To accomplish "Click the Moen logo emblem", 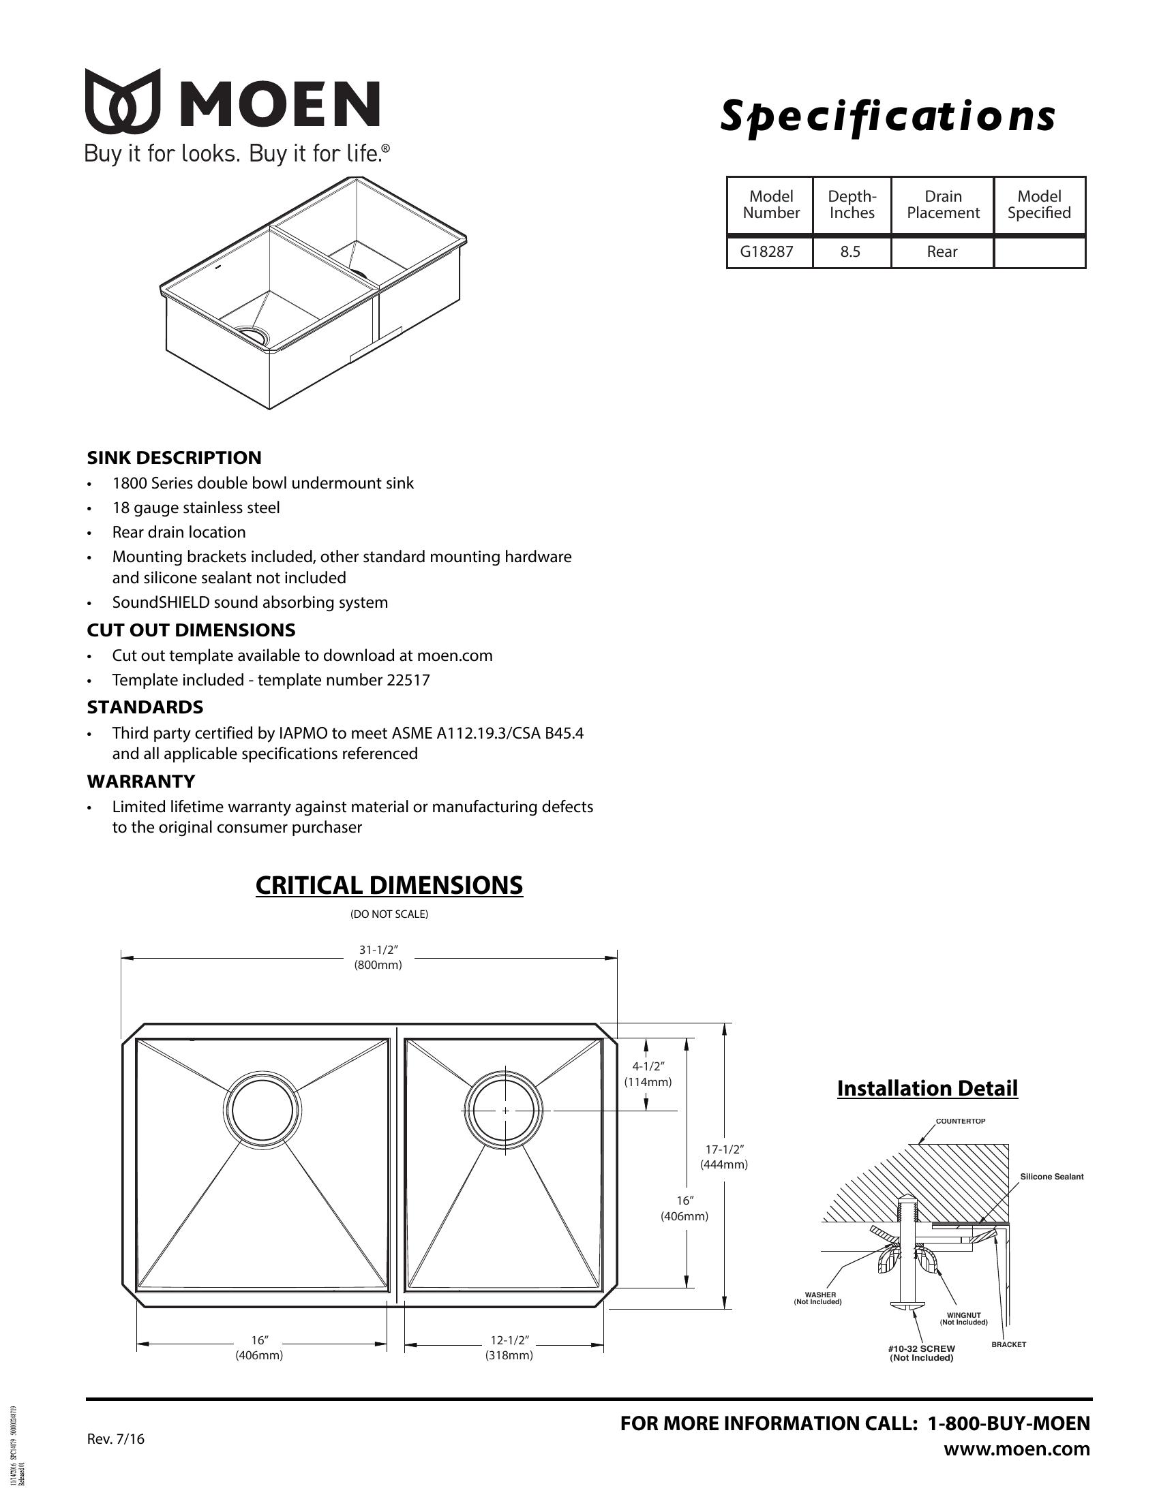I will (123, 101).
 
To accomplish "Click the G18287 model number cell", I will (766, 252).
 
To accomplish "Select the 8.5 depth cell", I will (850, 252).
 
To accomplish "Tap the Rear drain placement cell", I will (942, 252).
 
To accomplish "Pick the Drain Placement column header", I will (943, 204).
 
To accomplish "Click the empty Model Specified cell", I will (1039, 252).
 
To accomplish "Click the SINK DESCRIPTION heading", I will (174, 458).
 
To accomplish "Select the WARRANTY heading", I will (140, 781).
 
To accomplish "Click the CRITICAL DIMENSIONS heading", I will (389, 885).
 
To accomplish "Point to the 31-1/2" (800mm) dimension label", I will (378, 957).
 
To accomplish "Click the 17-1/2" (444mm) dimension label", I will (723, 1157).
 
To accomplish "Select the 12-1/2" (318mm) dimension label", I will (509, 1348).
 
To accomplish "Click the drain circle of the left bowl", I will (262, 1110).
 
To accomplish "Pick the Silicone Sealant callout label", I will (1051, 1177).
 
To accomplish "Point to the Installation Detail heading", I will (927, 1089).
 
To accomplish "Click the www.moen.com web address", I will (1017, 1449).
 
